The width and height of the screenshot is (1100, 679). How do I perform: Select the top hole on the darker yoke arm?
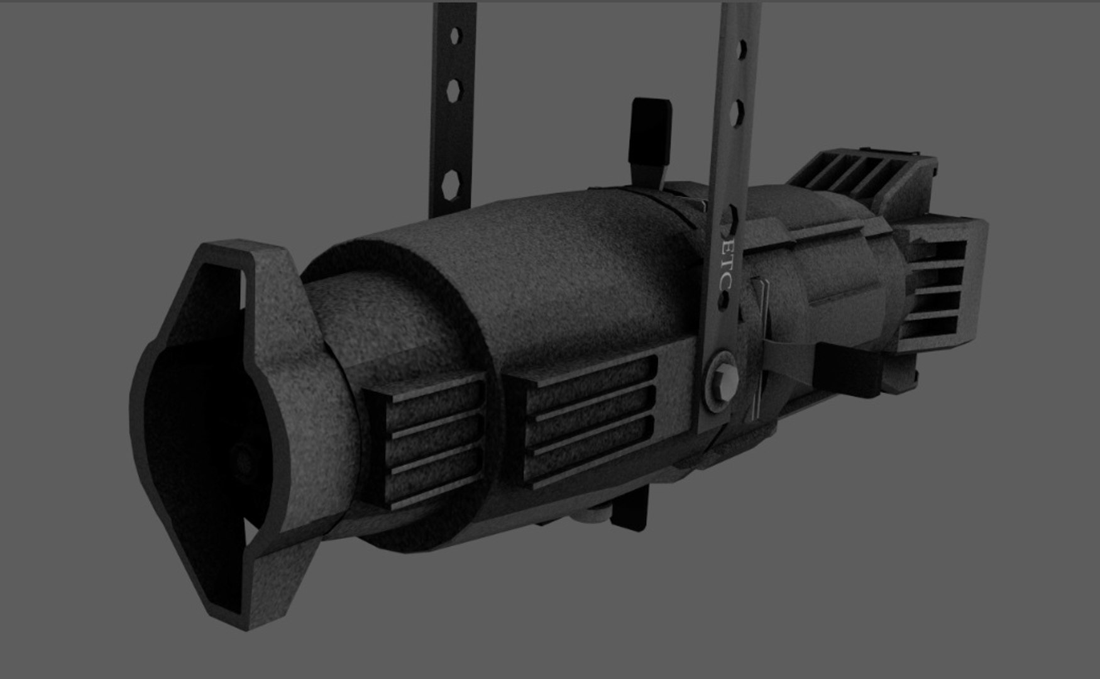pos(455,36)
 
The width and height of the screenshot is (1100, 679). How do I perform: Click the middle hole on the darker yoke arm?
pos(454,89)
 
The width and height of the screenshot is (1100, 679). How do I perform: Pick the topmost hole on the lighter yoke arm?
pos(742,48)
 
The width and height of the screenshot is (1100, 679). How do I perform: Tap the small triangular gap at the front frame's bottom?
pos(251,534)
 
